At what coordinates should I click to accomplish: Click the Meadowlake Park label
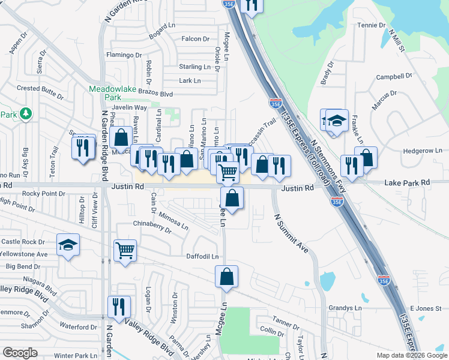click(105, 92)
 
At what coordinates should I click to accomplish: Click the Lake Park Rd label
click(408, 182)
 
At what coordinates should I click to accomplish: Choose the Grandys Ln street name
click(345, 308)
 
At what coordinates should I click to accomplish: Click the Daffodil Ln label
click(202, 256)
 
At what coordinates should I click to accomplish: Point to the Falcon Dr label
click(195, 39)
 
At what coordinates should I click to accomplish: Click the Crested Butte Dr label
click(40, 88)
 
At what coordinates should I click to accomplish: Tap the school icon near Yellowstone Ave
click(68, 245)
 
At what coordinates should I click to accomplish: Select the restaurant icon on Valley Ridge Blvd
click(119, 307)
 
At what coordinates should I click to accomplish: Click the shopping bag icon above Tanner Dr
click(227, 277)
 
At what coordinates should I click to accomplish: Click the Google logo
click(20, 353)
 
